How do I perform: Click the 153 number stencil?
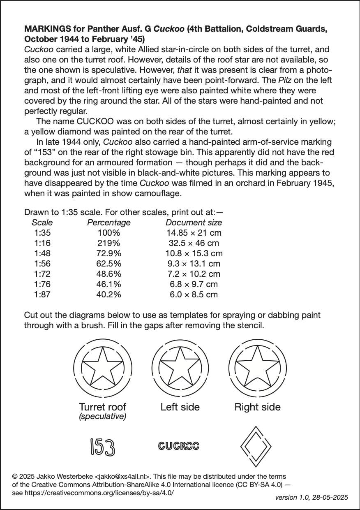coord(102,447)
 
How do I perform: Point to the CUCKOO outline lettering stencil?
coord(179,446)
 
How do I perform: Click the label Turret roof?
coord(102,407)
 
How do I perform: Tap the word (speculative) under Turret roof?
coord(102,417)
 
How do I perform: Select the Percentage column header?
coord(108,223)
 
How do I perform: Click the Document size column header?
coord(194,223)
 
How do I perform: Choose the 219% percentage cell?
coord(108,243)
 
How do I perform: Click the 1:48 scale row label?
coord(42,253)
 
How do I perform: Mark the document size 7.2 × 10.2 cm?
coord(194,274)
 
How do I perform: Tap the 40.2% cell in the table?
coord(108,294)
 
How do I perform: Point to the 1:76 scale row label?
coord(42,284)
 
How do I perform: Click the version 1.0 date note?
coord(312,497)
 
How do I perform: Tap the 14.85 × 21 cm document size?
coord(194,233)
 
